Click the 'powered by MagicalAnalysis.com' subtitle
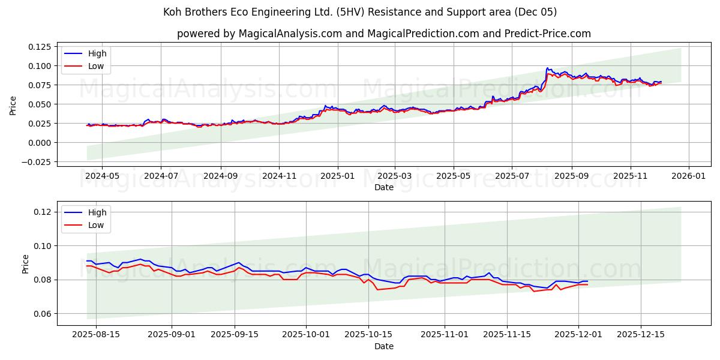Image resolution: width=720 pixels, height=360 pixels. [383, 34]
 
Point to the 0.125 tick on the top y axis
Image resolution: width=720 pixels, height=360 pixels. [38, 47]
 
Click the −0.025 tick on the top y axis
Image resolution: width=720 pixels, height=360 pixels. [36, 162]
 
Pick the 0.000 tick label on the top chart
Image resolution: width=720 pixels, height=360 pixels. [38, 143]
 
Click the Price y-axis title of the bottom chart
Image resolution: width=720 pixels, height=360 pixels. [25, 264]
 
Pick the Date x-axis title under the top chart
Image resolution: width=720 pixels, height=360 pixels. [383, 187]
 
